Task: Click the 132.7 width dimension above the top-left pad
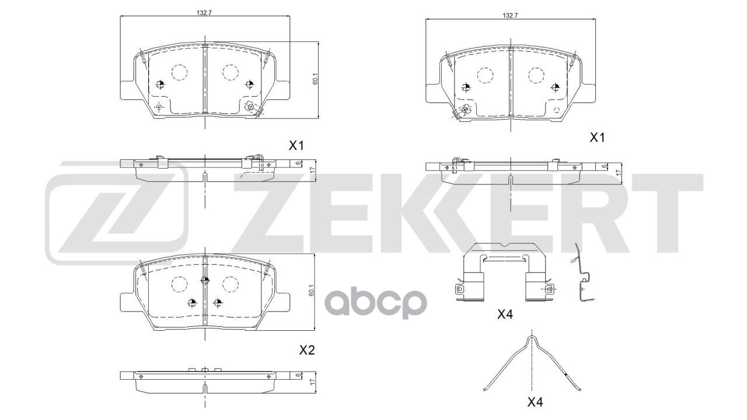tap(204, 11)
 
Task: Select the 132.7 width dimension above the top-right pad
tap(509, 15)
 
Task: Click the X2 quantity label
tap(307, 350)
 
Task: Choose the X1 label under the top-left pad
tap(296, 145)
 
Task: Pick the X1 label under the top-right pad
tap(596, 138)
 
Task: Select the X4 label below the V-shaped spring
tap(535, 402)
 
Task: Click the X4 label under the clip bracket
tap(504, 314)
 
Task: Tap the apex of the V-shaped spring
tap(532, 337)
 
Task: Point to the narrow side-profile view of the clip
tap(584, 274)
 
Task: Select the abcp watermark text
tap(375, 303)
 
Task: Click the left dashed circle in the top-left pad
tap(179, 72)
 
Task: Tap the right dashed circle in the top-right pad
tap(536, 75)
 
